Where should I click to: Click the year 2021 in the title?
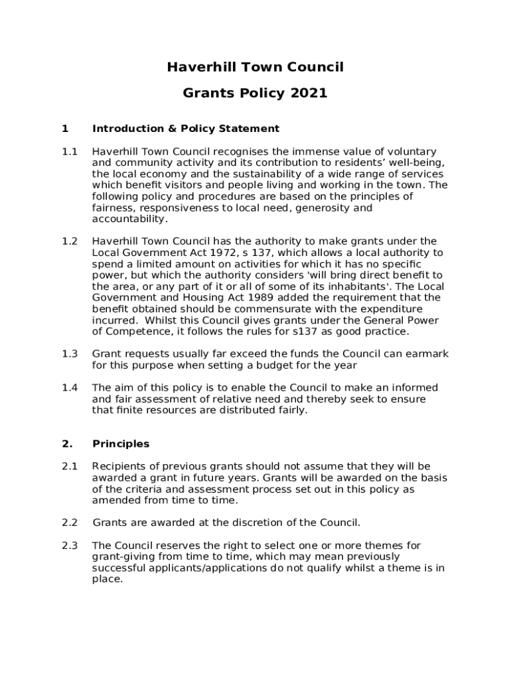(x=309, y=93)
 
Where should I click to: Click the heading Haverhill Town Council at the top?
(x=255, y=67)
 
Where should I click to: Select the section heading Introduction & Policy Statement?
(x=186, y=129)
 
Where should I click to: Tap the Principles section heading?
(x=121, y=444)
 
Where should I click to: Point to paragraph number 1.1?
(x=70, y=152)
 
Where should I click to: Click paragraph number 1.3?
(x=70, y=354)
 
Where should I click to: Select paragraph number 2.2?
(x=70, y=523)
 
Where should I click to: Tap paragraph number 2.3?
(x=70, y=546)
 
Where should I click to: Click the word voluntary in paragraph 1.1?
(x=411, y=152)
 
